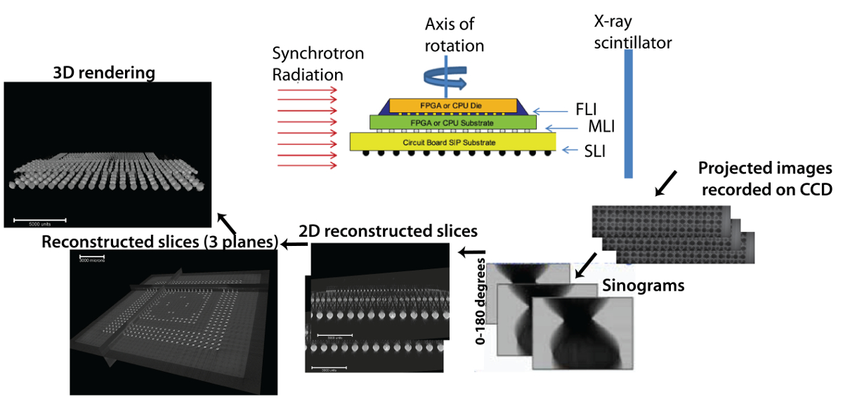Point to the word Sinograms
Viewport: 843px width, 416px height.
643,286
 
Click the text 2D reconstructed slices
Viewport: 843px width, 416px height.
388,231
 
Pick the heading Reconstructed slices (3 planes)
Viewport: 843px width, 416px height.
160,242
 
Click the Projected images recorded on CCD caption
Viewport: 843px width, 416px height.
764,178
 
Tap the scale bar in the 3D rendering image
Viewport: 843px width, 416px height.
40,219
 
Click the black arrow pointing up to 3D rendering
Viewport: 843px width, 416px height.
226,223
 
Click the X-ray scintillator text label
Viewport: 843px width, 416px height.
632,34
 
